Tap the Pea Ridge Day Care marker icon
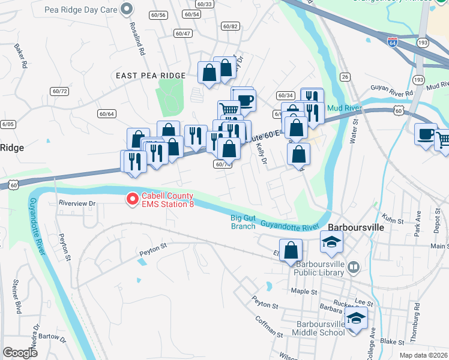pyautogui.click(x=127, y=9)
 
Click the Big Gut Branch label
pyautogui.click(x=243, y=222)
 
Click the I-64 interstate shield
pyautogui.click(x=392, y=42)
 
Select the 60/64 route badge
pyautogui.click(x=107, y=113)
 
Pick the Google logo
pyautogui.click(x=20, y=353)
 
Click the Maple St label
pyautogui.click(x=304, y=292)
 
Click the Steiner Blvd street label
pyautogui.click(x=16, y=299)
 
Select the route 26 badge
pyautogui.click(x=345, y=77)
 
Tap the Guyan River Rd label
pyautogui.click(x=392, y=94)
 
